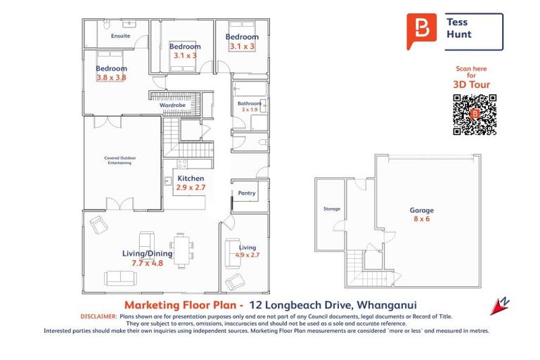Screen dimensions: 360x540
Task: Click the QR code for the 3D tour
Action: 474,113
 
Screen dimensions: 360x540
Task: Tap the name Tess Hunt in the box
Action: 458,28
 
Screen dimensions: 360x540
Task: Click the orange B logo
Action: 421,30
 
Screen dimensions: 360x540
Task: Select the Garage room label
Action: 422,210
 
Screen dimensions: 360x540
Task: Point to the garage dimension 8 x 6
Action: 422,219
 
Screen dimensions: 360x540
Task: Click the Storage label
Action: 331,209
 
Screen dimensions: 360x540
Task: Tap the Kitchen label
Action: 191,179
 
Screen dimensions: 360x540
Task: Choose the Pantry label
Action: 247,193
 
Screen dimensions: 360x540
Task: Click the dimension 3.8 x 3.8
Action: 111,77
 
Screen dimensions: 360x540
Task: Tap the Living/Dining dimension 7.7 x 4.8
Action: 147,262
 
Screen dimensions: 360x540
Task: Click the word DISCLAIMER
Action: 98,317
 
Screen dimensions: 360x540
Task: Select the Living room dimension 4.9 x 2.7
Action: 247,255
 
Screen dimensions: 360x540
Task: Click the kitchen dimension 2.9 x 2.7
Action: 191,188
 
